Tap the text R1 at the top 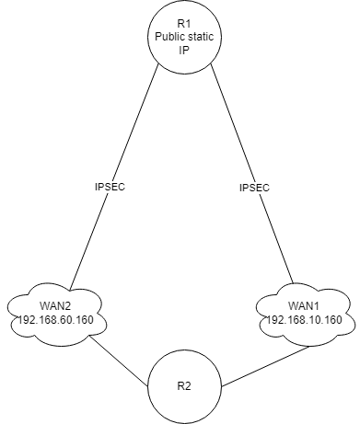click(x=186, y=21)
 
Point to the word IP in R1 click(x=186, y=50)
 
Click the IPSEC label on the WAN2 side click(x=110, y=187)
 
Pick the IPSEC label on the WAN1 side click(x=254, y=188)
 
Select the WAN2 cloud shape click(x=57, y=315)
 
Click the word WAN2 click(x=56, y=306)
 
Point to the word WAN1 click(x=302, y=306)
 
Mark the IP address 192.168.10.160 click(x=302, y=320)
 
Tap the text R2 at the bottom click(x=186, y=384)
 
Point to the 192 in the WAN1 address click(x=272, y=320)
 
